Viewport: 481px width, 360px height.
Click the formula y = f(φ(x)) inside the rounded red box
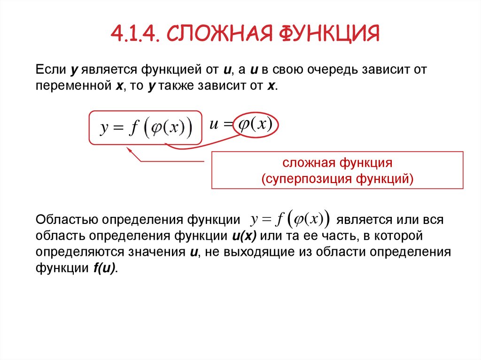(146, 128)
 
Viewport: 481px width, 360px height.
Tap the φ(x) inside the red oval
(256, 125)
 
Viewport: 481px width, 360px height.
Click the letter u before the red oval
(214, 125)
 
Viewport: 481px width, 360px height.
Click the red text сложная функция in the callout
(337, 163)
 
